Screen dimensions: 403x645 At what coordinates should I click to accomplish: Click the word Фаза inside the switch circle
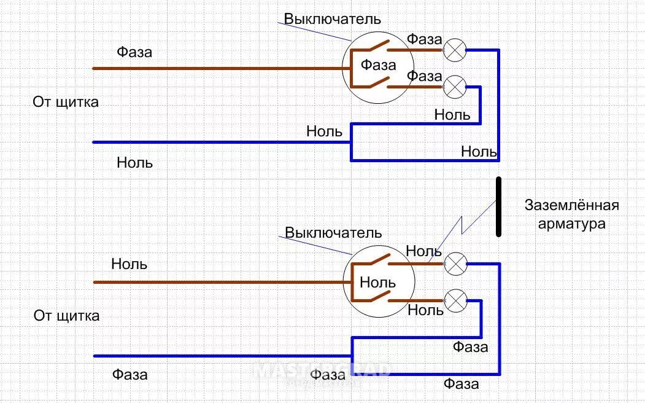[378, 65]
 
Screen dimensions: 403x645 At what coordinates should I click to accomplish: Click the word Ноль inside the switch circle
[377, 283]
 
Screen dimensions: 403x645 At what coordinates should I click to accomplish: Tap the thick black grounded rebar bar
[499, 207]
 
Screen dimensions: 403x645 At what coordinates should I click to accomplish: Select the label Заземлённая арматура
[571, 214]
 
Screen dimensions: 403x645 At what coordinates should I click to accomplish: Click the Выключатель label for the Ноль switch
[333, 233]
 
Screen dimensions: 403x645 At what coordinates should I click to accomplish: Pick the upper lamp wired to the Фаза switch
[455, 50]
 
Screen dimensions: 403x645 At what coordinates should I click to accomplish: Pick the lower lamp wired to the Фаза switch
[455, 87]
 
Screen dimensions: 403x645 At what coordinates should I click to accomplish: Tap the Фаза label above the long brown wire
[134, 52]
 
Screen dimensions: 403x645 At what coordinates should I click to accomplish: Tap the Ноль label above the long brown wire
[129, 264]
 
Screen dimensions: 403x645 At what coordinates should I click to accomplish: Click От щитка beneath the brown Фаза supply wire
[66, 102]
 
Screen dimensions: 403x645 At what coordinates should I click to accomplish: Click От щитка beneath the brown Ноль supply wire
[66, 316]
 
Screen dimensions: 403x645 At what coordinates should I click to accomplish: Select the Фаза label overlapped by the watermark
[328, 374]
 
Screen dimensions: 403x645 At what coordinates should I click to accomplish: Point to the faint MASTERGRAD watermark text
[322, 369]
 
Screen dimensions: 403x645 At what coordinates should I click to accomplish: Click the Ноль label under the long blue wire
[134, 163]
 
